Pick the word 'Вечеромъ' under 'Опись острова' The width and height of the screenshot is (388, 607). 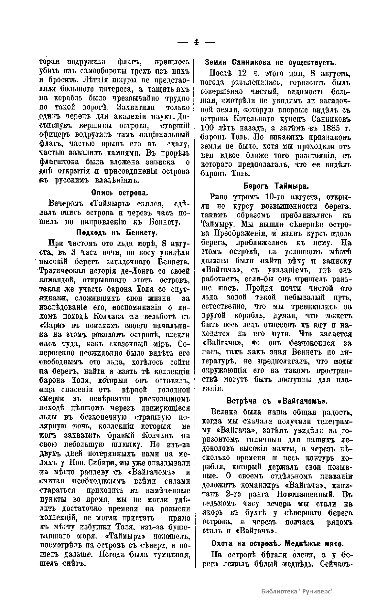click(x=65, y=204)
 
